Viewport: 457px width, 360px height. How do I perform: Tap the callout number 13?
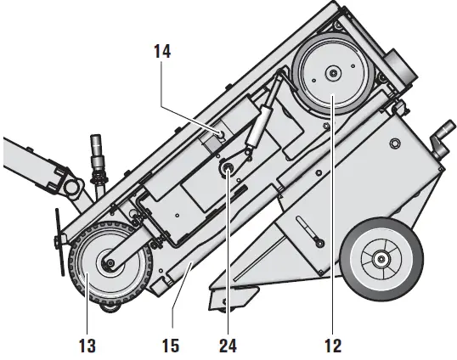87,346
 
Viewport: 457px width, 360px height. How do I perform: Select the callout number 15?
173,346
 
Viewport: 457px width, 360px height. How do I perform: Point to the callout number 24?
228,346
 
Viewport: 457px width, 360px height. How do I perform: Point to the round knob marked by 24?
228,171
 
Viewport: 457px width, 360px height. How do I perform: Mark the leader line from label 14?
191,93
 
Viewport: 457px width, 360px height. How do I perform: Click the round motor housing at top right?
399,67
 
